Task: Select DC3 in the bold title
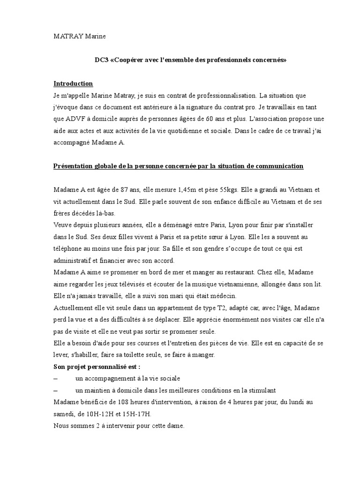(101, 60)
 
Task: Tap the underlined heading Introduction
(73, 83)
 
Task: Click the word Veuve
(62, 225)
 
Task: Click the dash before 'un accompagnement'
(56, 378)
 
